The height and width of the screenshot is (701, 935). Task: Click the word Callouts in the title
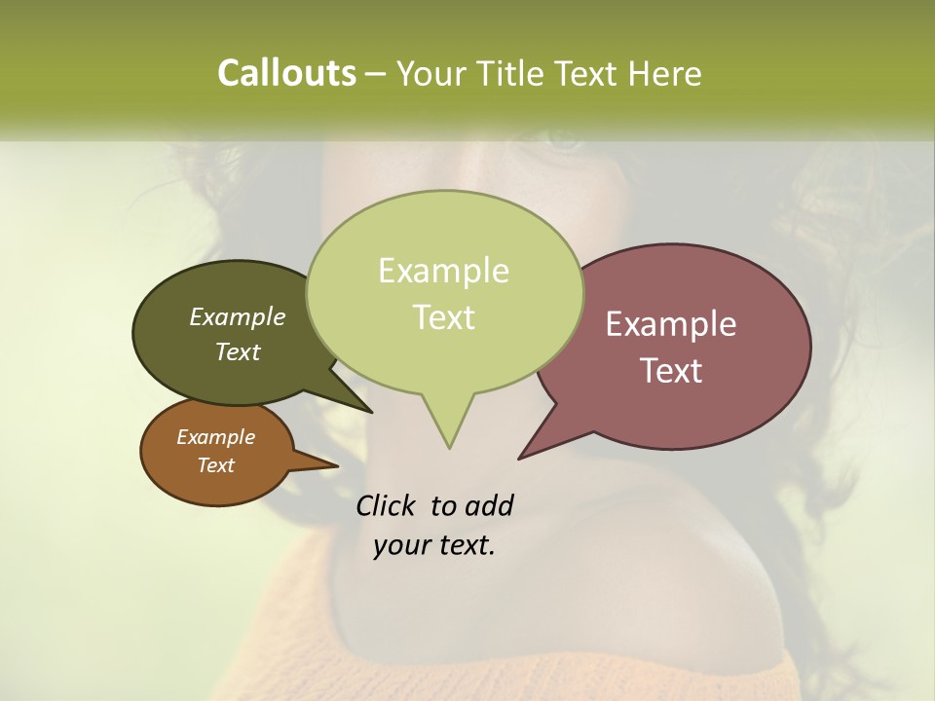click(286, 73)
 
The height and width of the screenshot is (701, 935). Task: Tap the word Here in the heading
click(665, 73)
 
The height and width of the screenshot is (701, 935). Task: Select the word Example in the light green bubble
click(443, 271)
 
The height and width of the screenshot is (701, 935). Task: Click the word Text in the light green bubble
click(443, 317)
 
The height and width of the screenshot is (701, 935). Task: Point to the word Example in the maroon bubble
click(671, 324)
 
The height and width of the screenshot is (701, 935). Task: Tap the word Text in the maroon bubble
click(671, 371)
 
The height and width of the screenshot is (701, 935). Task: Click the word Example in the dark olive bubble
click(238, 316)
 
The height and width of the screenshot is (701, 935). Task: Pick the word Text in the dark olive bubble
click(238, 351)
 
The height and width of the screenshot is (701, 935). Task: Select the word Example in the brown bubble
click(215, 437)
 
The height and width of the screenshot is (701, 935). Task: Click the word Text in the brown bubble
click(215, 465)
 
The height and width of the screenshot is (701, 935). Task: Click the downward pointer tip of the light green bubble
click(449, 447)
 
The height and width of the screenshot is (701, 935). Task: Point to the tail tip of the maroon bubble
click(520, 458)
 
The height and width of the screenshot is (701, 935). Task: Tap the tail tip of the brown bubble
click(337, 466)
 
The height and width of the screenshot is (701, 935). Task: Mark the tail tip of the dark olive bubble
click(371, 412)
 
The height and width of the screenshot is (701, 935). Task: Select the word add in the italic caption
click(489, 506)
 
